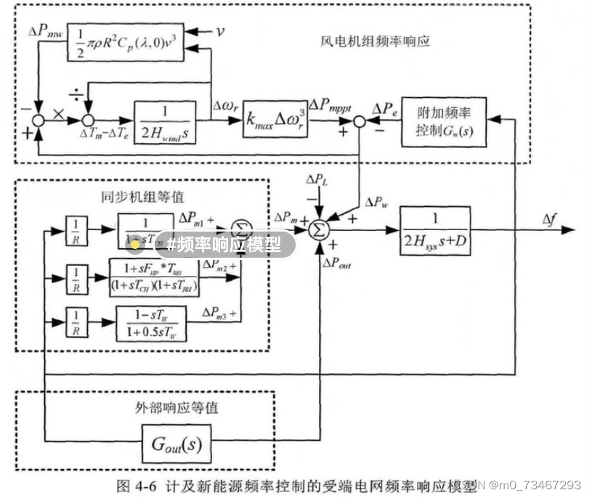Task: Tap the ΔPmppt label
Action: point(331,106)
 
